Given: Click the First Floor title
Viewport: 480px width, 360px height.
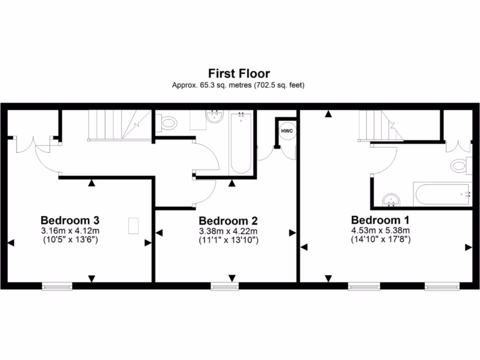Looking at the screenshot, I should pos(239,74).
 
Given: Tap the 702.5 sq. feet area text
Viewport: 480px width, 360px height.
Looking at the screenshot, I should pos(280,85).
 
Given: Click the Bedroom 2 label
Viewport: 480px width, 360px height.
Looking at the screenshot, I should pos(228,220).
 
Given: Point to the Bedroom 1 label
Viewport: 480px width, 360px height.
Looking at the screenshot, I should pos(381,219).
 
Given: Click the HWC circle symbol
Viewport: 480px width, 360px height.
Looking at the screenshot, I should pos(287,131).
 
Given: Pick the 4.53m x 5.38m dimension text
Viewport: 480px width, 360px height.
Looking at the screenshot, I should pos(381,230).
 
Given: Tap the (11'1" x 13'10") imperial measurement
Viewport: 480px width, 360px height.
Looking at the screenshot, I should pos(228,240).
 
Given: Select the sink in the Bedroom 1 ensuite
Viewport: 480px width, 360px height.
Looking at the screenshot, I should pos(390,200).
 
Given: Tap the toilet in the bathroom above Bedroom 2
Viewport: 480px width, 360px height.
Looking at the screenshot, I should pos(167,123).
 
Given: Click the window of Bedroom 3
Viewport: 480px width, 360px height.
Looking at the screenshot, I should pos(57,286).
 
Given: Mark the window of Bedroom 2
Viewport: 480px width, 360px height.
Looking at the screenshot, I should pos(225,286).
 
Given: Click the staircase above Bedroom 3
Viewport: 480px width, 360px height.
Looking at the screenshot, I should pos(120,124).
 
